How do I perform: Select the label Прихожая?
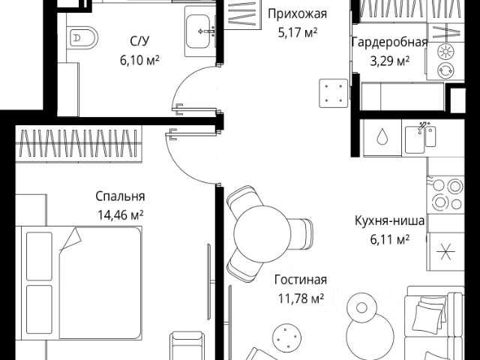[x=296, y=13]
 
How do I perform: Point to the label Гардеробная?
[x=388, y=42]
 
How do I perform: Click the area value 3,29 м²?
[x=388, y=60]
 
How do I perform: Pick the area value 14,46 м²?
[x=120, y=214]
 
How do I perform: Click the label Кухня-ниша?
[x=390, y=221]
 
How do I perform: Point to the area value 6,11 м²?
[x=390, y=239]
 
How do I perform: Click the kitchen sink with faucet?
[x=421, y=137]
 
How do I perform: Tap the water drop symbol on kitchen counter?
[x=382, y=137]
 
